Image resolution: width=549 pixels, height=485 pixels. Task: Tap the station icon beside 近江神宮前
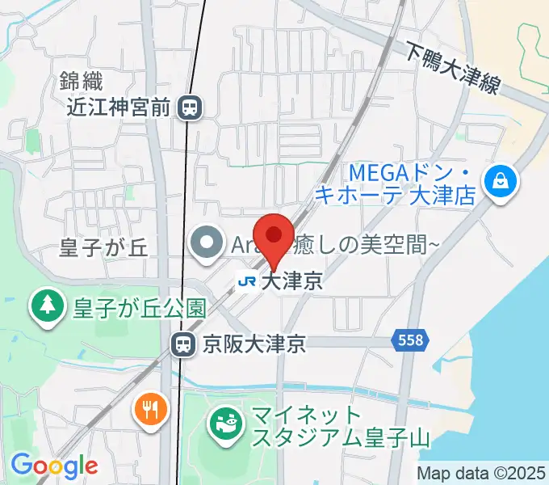191,106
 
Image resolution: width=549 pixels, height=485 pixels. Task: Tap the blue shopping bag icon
501,180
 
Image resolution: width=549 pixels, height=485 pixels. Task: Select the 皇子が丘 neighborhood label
104,248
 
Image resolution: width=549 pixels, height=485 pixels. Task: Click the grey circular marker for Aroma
207,242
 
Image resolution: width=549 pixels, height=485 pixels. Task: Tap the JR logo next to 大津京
247,281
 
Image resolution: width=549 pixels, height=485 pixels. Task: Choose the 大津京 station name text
292,281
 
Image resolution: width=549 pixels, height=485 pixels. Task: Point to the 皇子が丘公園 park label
139,307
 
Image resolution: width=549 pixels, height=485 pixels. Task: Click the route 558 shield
410,341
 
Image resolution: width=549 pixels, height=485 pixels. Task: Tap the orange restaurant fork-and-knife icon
150,409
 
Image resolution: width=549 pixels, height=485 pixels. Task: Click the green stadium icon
226,423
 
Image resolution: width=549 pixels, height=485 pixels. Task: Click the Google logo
53,466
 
